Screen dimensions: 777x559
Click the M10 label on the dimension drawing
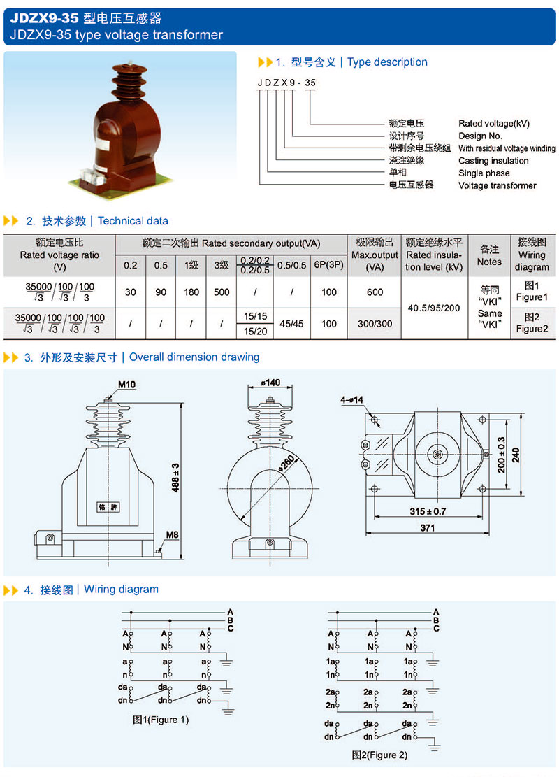pos(107,384)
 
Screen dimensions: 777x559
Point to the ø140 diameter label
pos(270,383)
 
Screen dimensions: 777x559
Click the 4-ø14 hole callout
pos(354,400)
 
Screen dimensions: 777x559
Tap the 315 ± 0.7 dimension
pos(428,511)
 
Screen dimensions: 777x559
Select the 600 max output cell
pos(375,292)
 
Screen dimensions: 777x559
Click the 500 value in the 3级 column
pos(222,292)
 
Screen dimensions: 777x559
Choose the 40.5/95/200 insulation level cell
pos(433,308)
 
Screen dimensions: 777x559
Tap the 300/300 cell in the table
pos(375,324)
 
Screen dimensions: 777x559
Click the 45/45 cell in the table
pos(291,324)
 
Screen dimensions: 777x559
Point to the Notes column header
pos(489,255)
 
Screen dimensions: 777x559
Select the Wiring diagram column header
pos(532,255)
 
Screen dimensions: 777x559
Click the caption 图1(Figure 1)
pos(161,720)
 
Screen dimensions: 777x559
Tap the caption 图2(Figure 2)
pos(379,755)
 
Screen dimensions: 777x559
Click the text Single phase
pos(484,173)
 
